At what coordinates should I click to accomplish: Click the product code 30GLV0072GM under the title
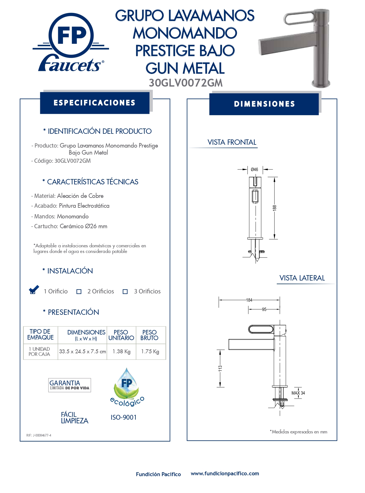[x=185, y=83]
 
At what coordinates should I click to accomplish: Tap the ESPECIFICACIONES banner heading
[x=94, y=103]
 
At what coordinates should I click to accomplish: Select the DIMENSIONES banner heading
[x=264, y=104]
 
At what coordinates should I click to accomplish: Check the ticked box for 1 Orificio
[x=33, y=291]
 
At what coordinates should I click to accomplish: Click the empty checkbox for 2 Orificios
[x=79, y=292]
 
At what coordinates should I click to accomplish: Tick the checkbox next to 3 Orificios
[x=125, y=292]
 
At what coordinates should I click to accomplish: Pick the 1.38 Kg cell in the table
[x=121, y=352]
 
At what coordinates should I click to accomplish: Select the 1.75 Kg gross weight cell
[x=150, y=352]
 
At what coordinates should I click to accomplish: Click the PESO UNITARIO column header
[x=121, y=335]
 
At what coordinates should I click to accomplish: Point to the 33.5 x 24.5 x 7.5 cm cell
[x=82, y=352]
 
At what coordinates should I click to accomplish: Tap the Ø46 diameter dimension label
[x=254, y=169]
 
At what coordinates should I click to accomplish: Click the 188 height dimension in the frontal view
[x=275, y=208]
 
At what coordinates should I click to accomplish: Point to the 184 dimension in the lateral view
[x=249, y=300]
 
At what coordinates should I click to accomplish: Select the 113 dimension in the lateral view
[x=220, y=368]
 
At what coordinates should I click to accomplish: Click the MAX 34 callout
[x=298, y=393]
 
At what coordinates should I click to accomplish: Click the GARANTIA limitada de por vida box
[x=69, y=385]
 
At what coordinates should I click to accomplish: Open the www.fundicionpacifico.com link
[x=225, y=474]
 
